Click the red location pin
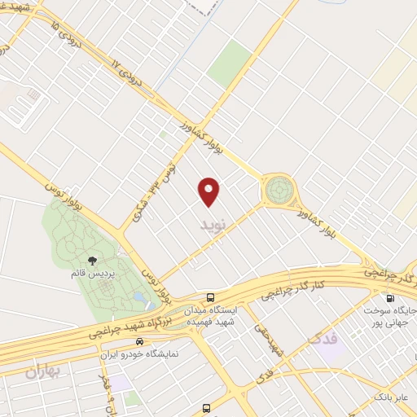(210, 191)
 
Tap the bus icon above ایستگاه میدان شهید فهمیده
(211, 296)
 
